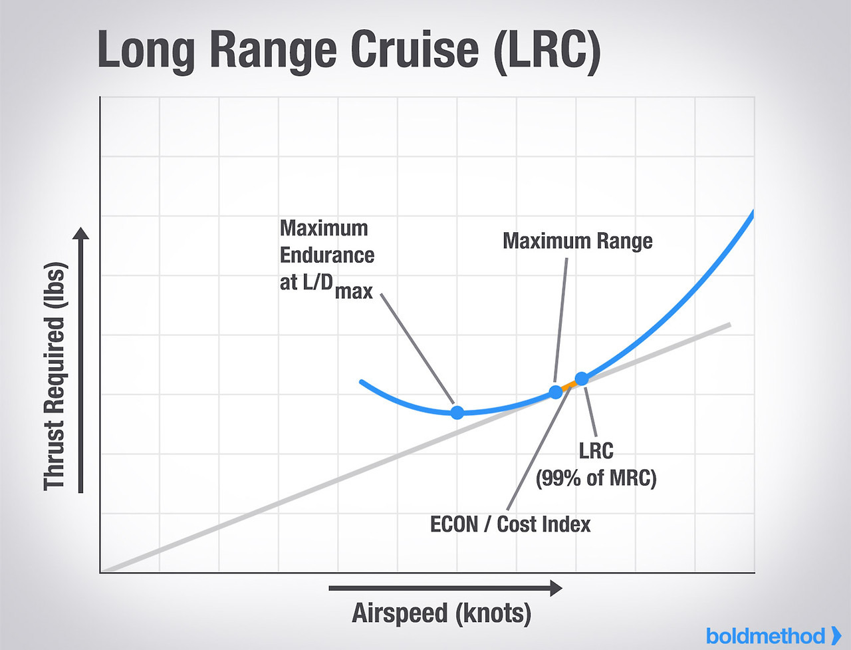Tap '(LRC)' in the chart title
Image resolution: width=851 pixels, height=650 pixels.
547,51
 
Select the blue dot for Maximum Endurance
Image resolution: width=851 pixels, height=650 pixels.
457,412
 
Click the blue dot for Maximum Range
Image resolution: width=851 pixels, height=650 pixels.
556,392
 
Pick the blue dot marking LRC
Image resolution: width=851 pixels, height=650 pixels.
582,379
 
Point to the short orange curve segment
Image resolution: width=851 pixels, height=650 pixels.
569,385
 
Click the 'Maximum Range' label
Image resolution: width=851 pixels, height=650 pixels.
577,241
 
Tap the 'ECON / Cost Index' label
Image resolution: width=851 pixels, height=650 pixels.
510,524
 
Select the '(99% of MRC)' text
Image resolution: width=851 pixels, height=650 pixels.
596,478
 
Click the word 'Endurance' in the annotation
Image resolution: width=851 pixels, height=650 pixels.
326,255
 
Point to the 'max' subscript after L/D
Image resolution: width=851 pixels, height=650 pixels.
354,291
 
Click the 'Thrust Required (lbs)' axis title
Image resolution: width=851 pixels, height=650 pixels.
56,377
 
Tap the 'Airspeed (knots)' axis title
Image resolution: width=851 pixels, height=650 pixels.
441,613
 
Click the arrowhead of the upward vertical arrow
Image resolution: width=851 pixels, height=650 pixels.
80,234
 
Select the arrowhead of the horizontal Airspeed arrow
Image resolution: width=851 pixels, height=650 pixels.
556,588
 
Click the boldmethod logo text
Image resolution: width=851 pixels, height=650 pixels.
765,636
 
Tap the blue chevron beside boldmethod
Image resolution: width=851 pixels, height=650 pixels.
836,635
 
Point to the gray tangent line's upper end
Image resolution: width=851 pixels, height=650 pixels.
729,325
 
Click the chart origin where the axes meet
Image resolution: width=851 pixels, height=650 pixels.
100,571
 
